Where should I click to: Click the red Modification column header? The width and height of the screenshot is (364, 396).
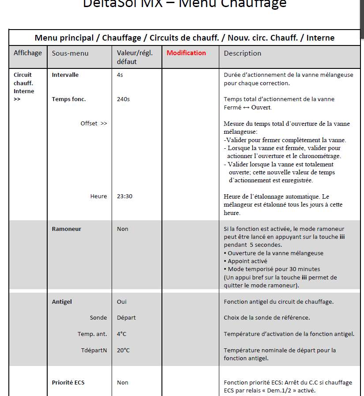click(x=186, y=53)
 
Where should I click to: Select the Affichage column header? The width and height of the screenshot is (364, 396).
click(x=28, y=53)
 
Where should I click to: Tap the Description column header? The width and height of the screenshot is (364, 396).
click(x=242, y=53)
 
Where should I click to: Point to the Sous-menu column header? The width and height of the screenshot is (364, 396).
click(x=70, y=53)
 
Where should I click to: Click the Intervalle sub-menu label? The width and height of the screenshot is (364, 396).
click(x=65, y=75)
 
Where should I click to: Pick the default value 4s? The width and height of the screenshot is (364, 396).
click(x=120, y=75)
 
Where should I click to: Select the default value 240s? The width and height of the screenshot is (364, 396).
click(x=124, y=99)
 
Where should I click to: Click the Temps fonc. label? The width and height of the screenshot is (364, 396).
click(x=69, y=99)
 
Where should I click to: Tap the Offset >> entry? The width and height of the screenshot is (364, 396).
click(x=94, y=124)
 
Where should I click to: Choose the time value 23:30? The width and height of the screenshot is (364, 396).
click(x=124, y=196)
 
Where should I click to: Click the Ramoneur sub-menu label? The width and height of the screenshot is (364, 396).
click(x=67, y=229)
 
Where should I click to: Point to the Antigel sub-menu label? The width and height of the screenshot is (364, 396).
click(x=62, y=302)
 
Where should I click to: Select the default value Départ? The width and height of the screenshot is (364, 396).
click(x=126, y=318)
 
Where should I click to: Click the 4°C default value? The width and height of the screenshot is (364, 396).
click(x=122, y=334)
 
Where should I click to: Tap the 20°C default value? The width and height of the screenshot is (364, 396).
click(x=124, y=351)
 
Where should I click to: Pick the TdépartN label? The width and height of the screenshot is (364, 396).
click(x=94, y=351)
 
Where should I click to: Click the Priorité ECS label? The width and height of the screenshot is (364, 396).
click(x=68, y=383)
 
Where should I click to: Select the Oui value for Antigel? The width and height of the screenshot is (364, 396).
click(x=122, y=302)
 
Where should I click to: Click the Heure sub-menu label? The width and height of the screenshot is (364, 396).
click(x=98, y=196)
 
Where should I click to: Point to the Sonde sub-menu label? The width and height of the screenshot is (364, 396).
click(x=98, y=318)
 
